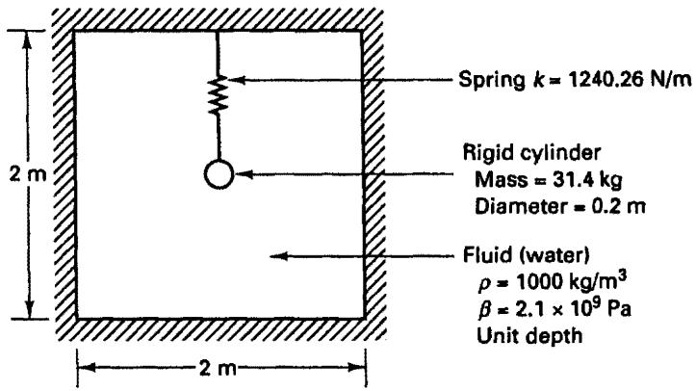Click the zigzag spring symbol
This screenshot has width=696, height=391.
click(218, 95)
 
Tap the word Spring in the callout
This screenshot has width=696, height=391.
click(491, 81)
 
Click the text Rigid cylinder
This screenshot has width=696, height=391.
click(531, 153)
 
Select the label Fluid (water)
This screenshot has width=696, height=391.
click(527, 255)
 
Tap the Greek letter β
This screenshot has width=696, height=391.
click(485, 309)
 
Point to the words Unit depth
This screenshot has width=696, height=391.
click(529, 335)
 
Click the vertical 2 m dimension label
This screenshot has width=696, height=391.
click(28, 175)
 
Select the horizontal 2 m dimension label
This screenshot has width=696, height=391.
click(218, 368)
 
